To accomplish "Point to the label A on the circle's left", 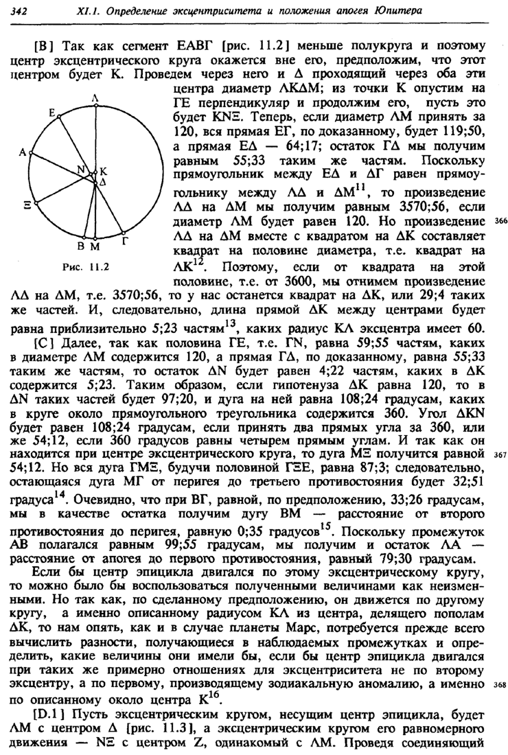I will click(23, 154).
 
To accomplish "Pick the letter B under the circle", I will click(81, 245).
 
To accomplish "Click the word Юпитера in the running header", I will click(400, 10).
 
